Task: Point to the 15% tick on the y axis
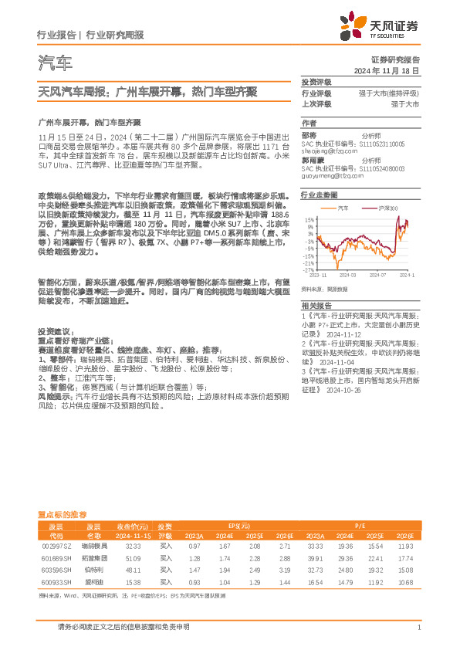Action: [x=308, y=219]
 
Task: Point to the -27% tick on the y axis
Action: [x=306, y=270]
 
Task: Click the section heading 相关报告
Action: [x=315, y=306]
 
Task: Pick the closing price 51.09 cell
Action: [x=133, y=557]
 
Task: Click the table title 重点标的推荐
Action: [x=63, y=513]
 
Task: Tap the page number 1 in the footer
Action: [x=418, y=628]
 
